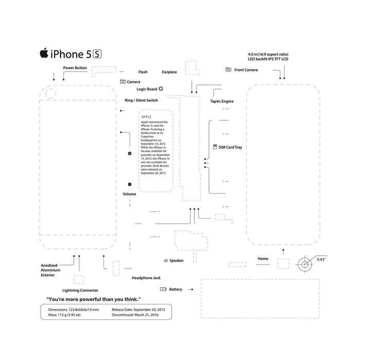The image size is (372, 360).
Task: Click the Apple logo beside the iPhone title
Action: [x=44, y=53]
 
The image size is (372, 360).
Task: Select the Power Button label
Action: [x=75, y=68]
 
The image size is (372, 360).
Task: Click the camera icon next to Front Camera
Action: [x=228, y=69]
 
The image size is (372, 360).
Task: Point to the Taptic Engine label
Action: [x=222, y=101]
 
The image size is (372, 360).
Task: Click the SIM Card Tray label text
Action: [x=230, y=147]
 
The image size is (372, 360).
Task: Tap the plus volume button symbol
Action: [x=130, y=154]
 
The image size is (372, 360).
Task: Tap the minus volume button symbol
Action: [x=130, y=184]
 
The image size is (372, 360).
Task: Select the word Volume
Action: [x=130, y=194]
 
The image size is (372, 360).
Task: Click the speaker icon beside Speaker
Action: [x=166, y=261]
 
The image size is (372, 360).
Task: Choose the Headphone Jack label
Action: [x=146, y=278]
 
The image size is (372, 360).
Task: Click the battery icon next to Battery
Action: [x=163, y=289]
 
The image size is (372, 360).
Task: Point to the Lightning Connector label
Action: [x=80, y=290]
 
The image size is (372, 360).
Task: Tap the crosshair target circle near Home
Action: [x=305, y=265]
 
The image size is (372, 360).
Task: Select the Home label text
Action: [x=263, y=259]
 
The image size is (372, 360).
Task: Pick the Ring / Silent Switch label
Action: [x=141, y=100]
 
